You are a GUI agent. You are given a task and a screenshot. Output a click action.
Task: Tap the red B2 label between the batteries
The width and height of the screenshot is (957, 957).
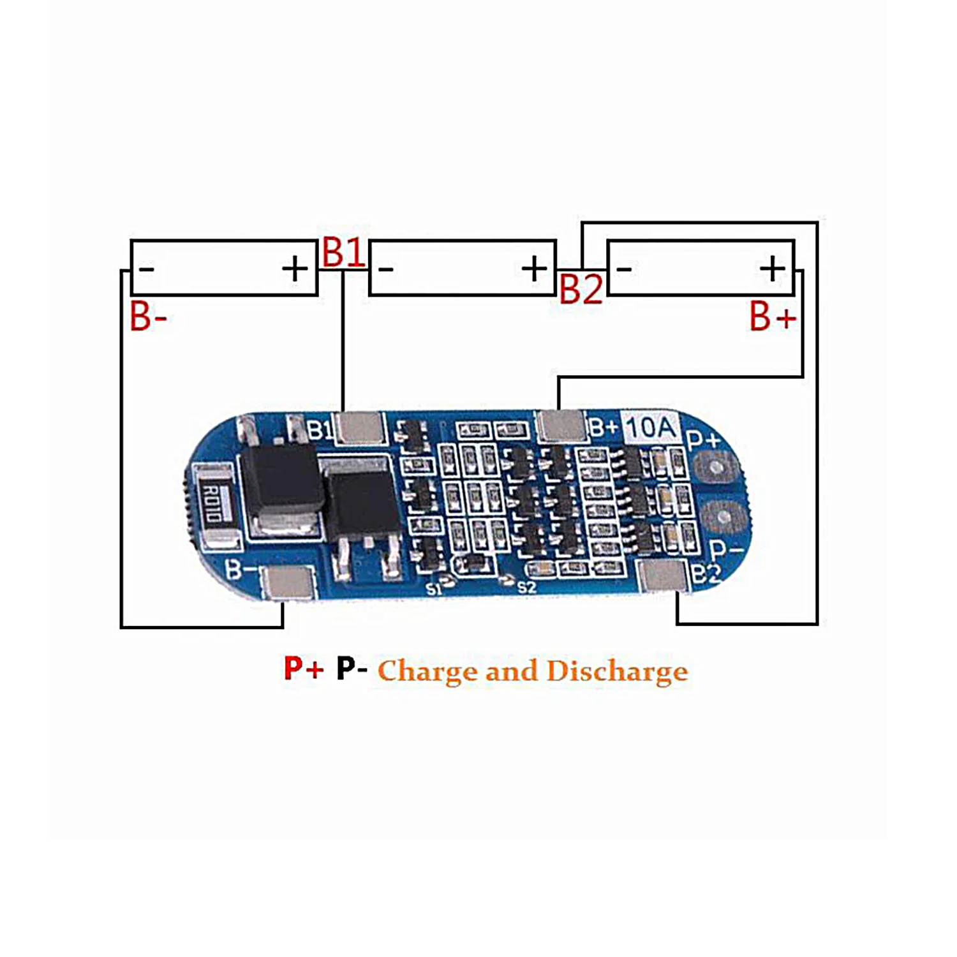[581, 289]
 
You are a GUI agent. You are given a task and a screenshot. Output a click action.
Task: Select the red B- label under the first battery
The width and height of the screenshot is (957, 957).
[148, 317]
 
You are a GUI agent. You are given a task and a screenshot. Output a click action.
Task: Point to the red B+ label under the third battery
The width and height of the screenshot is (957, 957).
[773, 317]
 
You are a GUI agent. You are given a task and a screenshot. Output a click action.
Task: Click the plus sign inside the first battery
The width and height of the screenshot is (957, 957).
[295, 269]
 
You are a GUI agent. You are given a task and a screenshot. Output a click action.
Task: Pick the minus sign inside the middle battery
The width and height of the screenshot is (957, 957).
[386, 269]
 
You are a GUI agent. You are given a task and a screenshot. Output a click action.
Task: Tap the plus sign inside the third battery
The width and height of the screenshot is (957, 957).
[772, 269]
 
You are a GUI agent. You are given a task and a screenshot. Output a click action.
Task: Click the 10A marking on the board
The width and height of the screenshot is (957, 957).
[650, 428]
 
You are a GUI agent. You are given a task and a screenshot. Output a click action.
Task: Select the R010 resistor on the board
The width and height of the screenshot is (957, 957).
[211, 503]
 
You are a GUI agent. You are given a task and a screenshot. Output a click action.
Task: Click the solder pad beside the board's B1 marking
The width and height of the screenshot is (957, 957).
[360, 427]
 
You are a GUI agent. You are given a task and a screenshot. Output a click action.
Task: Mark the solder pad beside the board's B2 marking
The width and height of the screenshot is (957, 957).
[664, 575]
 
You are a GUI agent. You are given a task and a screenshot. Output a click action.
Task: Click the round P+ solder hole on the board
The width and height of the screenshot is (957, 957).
[718, 468]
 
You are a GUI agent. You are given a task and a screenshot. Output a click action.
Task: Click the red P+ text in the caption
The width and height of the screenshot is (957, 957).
[304, 669]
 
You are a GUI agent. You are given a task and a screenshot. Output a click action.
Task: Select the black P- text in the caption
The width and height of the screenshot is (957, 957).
[352, 669]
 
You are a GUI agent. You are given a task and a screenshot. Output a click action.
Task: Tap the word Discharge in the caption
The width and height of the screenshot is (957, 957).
[617, 672]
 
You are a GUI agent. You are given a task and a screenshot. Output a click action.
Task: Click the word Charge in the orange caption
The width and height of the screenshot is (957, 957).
[427, 672]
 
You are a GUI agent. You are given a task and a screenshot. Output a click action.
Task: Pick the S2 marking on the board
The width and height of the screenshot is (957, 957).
[526, 587]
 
